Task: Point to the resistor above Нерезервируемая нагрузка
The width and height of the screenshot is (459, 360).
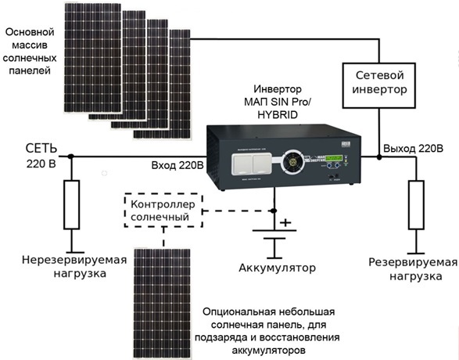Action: pyautogui.click(x=72, y=203)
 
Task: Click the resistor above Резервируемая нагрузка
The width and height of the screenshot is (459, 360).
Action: pyautogui.click(x=411, y=203)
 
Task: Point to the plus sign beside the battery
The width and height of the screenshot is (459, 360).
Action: pyautogui.click(x=285, y=223)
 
